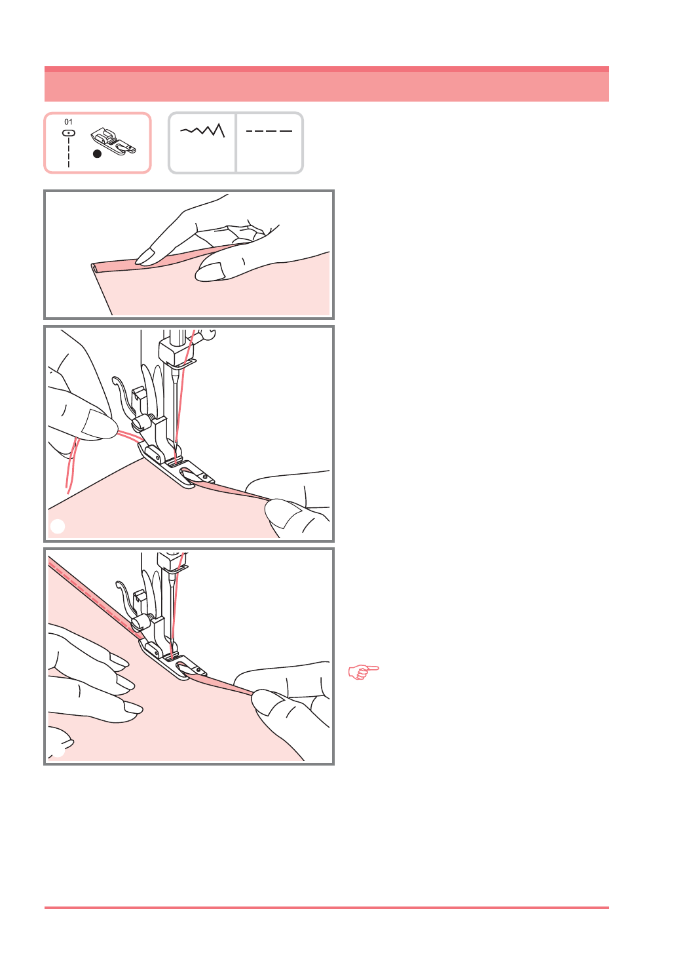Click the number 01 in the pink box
pyautogui.click(x=68, y=122)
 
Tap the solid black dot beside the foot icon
pyautogui.click(x=97, y=154)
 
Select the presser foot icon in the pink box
pyautogui.click(x=113, y=141)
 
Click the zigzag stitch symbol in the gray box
pyautogui.click(x=202, y=130)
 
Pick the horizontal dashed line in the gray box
pyautogui.click(x=269, y=131)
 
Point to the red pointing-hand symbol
pyautogui.click(x=364, y=672)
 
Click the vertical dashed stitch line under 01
pyautogui.click(x=69, y=152)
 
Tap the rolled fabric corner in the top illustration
pyautogui.click(x=94, y=268)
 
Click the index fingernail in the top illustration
pyautogui.click(x=145, y=257)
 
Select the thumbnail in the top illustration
pyautogui.click(x=210, y=271)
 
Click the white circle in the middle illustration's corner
pyautogui.click(x=58, y=526)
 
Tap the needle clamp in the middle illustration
pyautogui.click(x=176, y=353)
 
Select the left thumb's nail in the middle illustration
pyautogui.click(x=98, y=424)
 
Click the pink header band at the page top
pyautogui.click(x=327, y=84)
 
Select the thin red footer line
pyautogui.click(x=327, y=908)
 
